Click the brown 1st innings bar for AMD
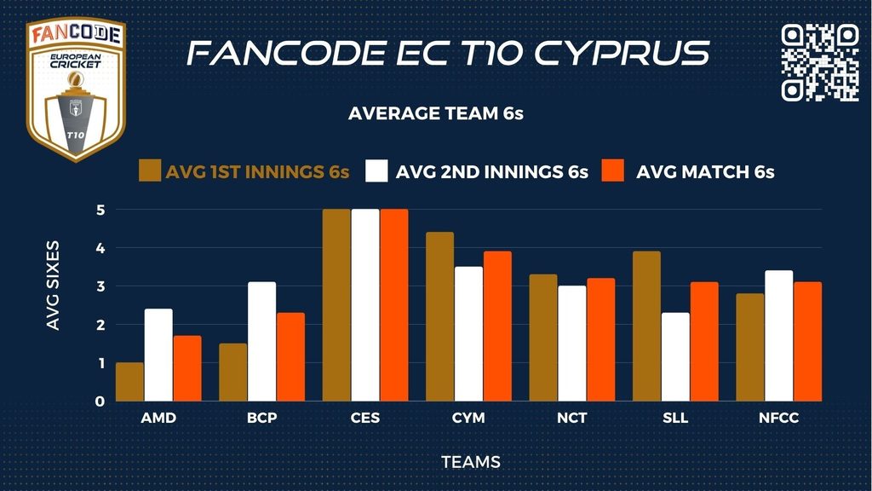129,382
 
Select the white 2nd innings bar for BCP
261,342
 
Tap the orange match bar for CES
393,305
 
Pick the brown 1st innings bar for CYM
439,316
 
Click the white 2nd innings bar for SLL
675,357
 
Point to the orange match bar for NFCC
807,342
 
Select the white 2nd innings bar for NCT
571,344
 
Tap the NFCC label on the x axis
778,419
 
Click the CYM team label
468,419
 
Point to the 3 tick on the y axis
100,286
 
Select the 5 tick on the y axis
100,210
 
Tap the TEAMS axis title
470,462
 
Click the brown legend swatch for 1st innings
150,170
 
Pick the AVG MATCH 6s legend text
705,171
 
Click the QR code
819,62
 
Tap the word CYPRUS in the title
622,53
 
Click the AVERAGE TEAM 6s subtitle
435,114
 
